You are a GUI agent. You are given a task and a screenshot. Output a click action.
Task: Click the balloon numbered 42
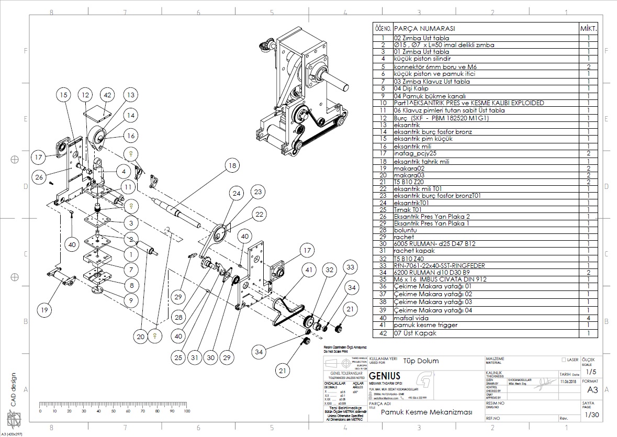(x=108, y=95)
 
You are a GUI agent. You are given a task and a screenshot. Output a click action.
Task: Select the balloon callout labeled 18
(x=231, y=165)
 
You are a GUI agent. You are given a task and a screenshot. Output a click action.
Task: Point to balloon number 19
(x=46, y=310)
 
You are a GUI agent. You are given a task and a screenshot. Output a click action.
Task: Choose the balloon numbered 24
(x=238, y=193)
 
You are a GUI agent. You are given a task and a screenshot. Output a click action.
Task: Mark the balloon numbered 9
(x=131, y=300)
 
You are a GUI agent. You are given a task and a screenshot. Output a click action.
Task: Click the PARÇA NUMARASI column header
(x=424, y=28)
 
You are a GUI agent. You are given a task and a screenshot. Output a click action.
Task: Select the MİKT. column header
(x=588, y=28)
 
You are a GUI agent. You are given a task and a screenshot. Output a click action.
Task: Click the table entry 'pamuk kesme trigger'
(x=425, y=325)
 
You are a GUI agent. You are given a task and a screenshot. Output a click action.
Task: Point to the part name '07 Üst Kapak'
(x=415, y=333)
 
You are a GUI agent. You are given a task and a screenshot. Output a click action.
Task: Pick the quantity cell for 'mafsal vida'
(x=588, y=318)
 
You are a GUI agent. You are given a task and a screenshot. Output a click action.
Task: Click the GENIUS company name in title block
(x=385, y=376)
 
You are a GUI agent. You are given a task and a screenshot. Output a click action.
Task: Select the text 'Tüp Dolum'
(x=421, y=361)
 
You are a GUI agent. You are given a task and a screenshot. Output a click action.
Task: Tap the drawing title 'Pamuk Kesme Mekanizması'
(x=427, y=412)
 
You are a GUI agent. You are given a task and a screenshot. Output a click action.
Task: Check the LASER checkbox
(x=563, y=360)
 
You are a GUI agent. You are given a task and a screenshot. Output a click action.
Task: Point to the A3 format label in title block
(x=592, y=390)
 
